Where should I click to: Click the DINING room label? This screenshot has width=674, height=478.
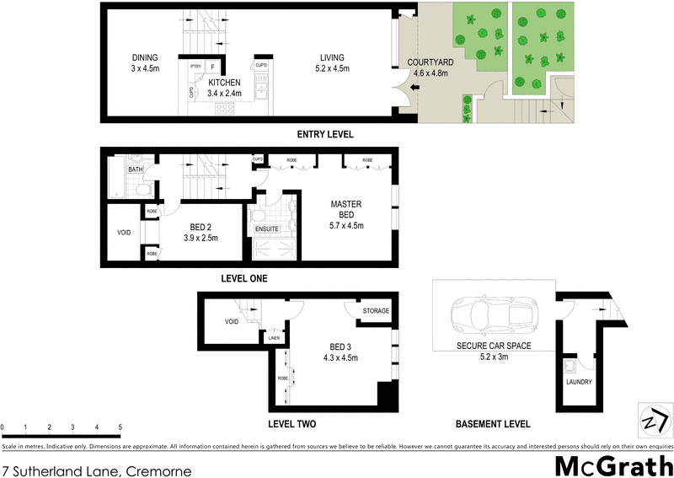point(146,57)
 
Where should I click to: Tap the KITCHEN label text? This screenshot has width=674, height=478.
point(225,83)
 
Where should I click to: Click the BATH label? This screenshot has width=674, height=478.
point(135,169)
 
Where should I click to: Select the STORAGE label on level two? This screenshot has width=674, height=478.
point(376,311)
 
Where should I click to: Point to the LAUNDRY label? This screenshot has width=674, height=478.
point(580,382)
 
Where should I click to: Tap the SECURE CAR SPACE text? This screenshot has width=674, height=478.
point(494,346)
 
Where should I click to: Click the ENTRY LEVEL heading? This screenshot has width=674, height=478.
point(325,135)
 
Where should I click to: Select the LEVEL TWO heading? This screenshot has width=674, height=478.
point(292,423)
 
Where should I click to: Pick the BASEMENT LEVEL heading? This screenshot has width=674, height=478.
point(493,423)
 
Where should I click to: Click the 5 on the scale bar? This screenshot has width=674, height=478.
point(120,427)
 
